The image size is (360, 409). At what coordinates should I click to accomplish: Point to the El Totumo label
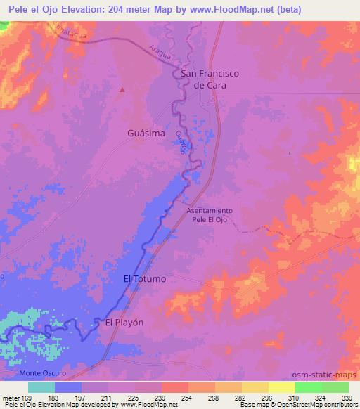(145, 279)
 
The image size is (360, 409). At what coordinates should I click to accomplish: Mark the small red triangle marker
(123, 89)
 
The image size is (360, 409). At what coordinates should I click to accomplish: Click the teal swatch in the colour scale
(41, 387)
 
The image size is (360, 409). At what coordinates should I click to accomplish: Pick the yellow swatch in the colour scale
(282, 387)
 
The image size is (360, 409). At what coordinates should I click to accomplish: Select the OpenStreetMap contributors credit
(317, 405)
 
